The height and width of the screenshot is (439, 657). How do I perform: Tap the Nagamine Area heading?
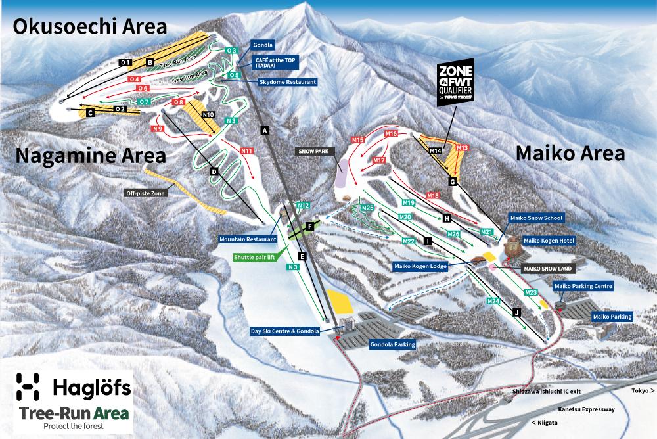89,156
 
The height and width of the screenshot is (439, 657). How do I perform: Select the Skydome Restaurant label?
288,82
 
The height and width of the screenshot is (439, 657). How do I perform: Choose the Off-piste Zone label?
145,193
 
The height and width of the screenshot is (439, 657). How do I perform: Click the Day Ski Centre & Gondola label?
285,331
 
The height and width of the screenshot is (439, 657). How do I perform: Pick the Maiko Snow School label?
537,218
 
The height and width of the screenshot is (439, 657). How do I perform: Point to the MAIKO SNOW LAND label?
543,269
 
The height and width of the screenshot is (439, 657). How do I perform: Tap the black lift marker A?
265,131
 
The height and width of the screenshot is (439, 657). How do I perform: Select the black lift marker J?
516,313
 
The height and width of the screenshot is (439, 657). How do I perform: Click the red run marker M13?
462,148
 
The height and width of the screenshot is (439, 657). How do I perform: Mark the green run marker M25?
368,208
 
